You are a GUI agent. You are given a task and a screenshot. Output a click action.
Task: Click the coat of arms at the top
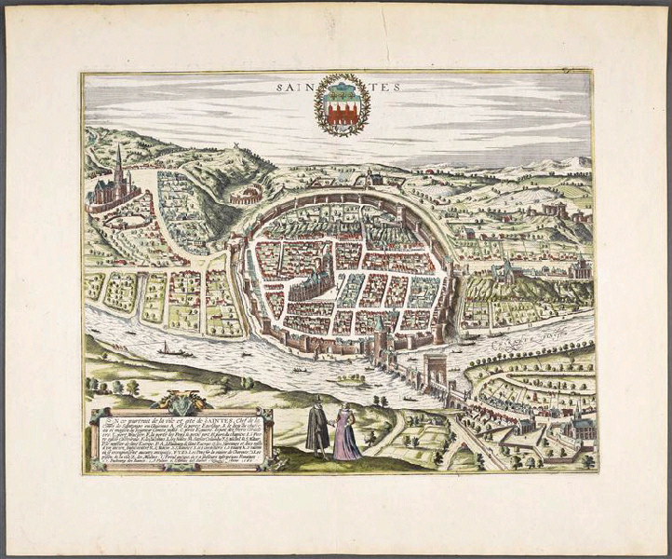(x=339, y=109)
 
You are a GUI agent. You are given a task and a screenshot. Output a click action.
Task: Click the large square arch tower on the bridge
(x=434, y=369)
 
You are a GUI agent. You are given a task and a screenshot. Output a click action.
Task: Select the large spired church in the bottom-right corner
(x=577, y=429)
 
